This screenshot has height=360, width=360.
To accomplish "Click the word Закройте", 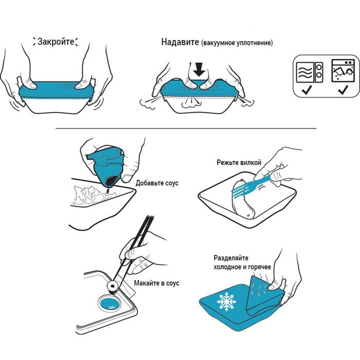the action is pos(56,42).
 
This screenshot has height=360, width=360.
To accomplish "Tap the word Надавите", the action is pos(180,42).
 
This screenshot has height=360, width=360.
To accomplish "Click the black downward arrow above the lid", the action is pos(199,69).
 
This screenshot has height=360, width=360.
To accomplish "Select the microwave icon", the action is pos(310,72).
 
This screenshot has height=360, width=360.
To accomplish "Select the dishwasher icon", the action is pos(343,70).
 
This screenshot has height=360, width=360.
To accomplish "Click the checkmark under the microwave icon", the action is pos(307,89).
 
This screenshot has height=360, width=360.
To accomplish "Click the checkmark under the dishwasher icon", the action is pos(343,89).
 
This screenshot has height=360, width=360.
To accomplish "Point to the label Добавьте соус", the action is pos(157,183).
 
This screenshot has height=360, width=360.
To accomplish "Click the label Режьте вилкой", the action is pos(239,163).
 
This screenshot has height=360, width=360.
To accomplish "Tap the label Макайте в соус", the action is pos(156,283).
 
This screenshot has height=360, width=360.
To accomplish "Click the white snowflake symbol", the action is pos(227,302).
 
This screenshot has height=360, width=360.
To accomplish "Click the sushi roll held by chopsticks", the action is pos(113,287).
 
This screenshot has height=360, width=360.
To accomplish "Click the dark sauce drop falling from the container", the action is pos(108,190).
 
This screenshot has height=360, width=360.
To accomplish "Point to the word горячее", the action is pos(259,267).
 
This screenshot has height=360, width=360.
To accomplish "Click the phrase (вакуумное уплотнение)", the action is pos(237,43).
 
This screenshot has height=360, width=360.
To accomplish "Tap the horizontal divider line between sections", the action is pos(186,129).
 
